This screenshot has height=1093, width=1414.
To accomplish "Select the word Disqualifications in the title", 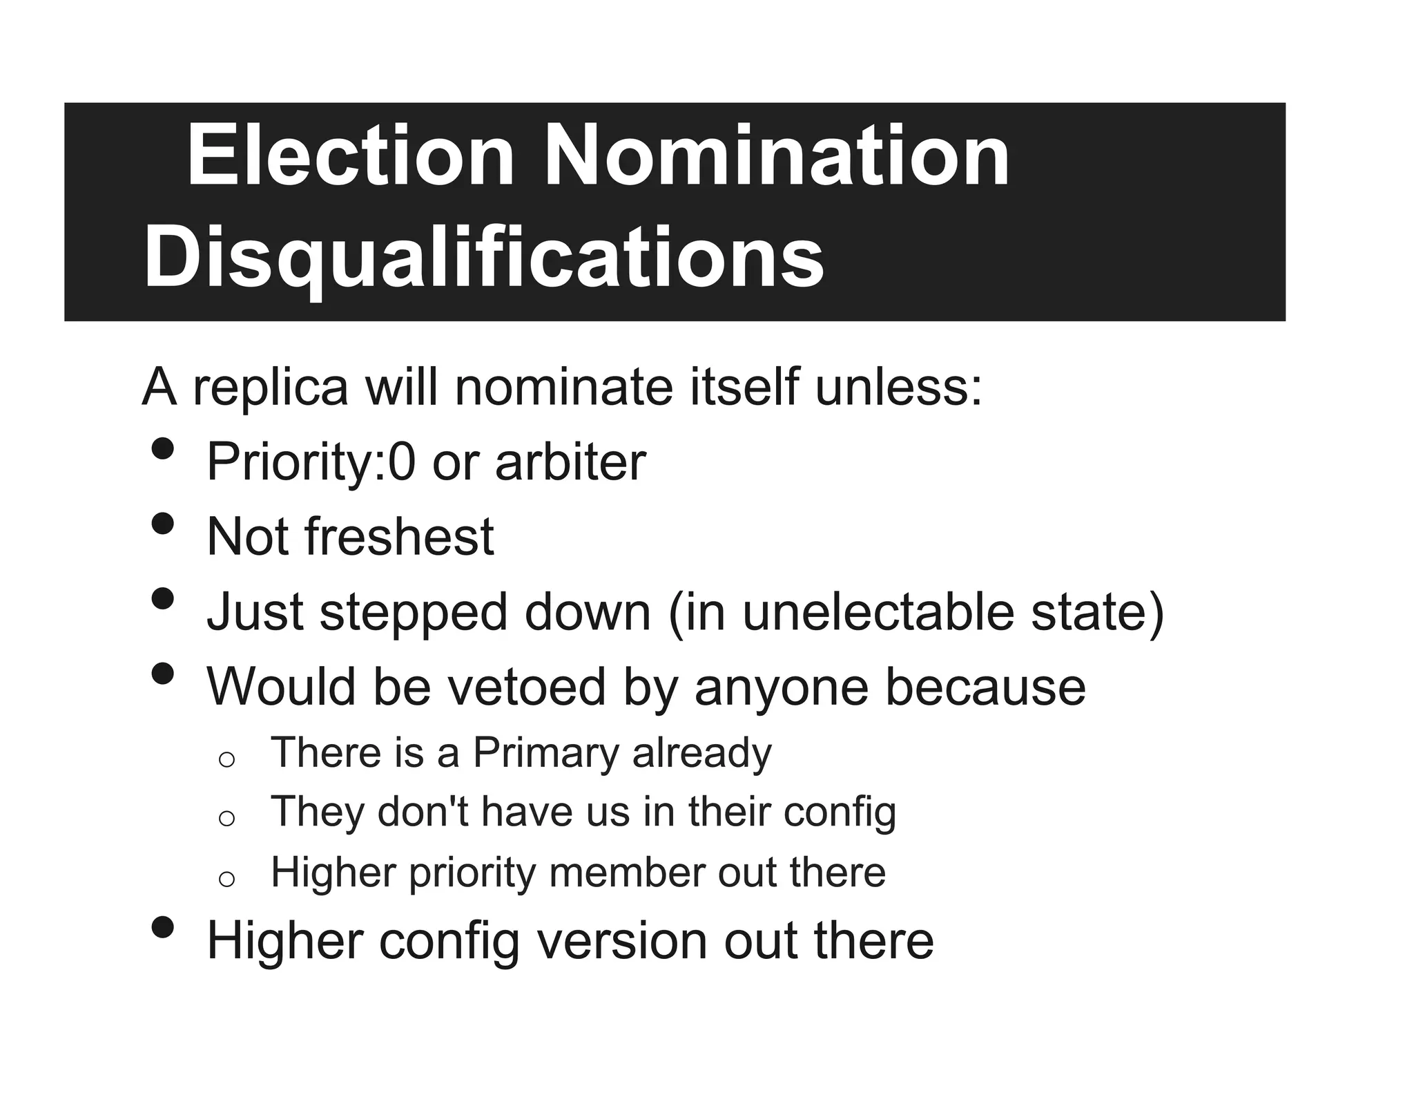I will tap(483, 258).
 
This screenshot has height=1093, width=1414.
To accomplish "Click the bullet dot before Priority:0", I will tap(162, 450).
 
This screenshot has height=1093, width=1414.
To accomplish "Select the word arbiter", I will tap(570, 462).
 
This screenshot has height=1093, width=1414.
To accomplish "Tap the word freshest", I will tap(399, 537).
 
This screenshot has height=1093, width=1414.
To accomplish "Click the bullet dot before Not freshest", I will tap(162, 524).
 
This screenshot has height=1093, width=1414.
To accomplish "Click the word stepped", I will tap(413, 614).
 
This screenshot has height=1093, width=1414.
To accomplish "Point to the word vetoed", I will tap(525, 687).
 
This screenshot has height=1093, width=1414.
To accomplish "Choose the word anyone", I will tap(781, 688).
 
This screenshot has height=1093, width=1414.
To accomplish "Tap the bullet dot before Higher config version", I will tap(162, 928).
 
